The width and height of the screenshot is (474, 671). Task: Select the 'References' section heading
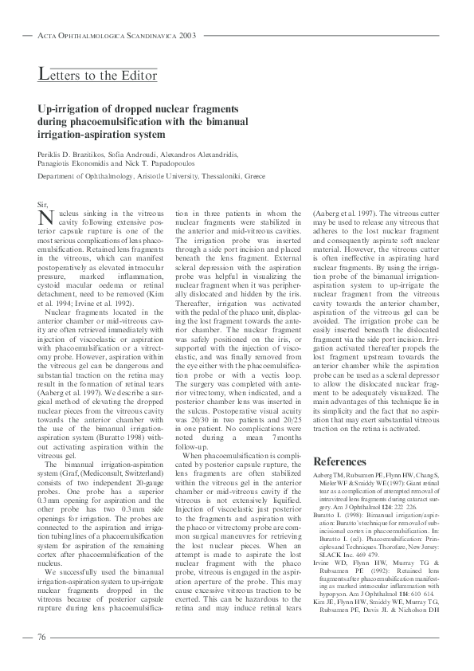coord(340,461)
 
